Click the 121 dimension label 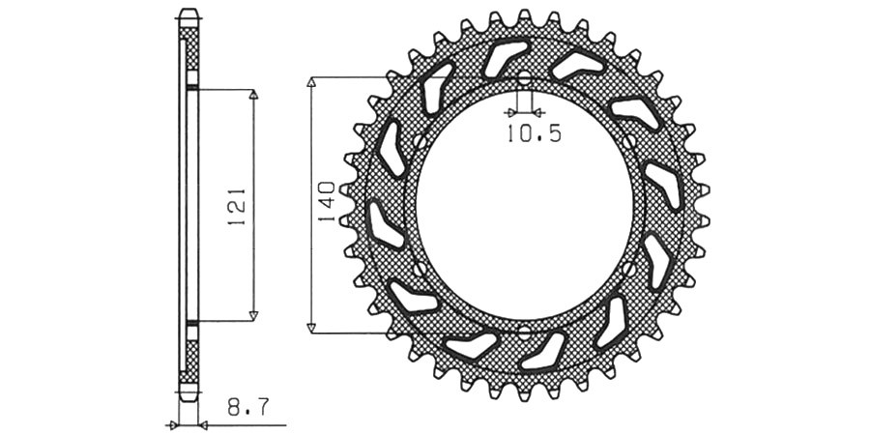pos(237,207)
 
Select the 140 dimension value pos(326,201)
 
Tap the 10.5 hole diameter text pos(534,133)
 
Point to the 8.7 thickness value pos(248,408)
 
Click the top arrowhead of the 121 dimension pos(253,95)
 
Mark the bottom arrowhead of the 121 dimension pos(253,316)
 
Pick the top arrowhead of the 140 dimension pos(311,83)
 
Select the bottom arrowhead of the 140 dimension pos(311,328)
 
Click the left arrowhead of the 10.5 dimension pos(509,113)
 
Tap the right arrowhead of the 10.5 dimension pos(537,113)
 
